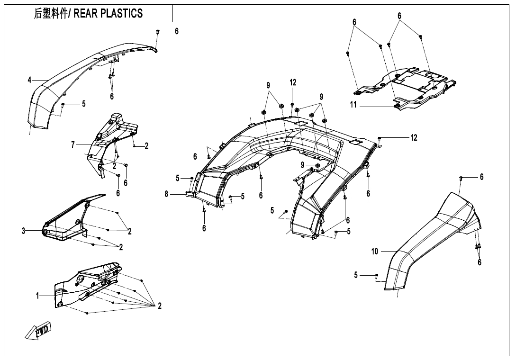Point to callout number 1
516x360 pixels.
coord(38,296)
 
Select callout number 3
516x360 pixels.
coord(23,231)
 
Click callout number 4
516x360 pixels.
coord(29,80)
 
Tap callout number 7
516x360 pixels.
coord(73,145)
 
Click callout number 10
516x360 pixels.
coord(375,252)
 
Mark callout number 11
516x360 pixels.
coord(353,105)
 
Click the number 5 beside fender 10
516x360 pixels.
coord(356,275)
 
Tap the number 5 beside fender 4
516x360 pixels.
coord(84,104)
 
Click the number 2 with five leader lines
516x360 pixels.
coord(160,306)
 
